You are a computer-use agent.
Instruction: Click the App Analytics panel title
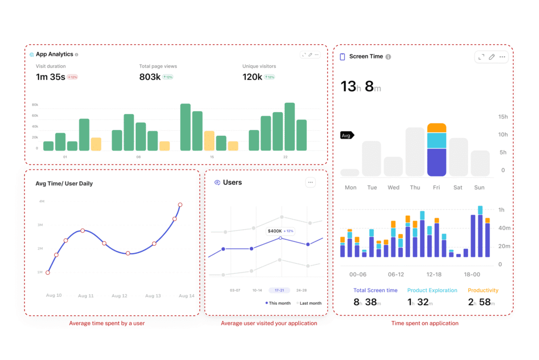tap(54, 54)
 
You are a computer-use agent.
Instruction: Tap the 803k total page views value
tap(149, 77)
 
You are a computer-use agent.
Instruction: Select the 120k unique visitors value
tap(252, 77)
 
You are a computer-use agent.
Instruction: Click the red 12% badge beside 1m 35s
tap(72, 77)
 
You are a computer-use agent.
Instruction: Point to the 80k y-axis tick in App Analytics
tap(35, 104)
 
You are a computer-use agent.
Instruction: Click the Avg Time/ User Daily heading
tap(64, 184)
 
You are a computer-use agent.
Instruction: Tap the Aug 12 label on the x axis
tap(119, 296)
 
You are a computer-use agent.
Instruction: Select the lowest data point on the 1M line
tap(48, 272)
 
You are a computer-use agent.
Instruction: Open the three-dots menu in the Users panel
tap(311, 183)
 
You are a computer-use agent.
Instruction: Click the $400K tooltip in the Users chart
tap(280, 231)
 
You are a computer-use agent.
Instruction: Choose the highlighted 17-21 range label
tap(279, 290)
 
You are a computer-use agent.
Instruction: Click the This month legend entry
tap(278, 303)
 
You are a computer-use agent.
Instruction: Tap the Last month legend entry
tap(310, 303)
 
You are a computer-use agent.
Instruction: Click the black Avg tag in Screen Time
tap(347, 135)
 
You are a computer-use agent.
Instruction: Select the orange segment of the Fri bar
tap(437, 128)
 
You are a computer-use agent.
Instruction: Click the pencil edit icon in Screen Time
tap(492, 57)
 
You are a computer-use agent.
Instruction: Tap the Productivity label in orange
tap(483, 290)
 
